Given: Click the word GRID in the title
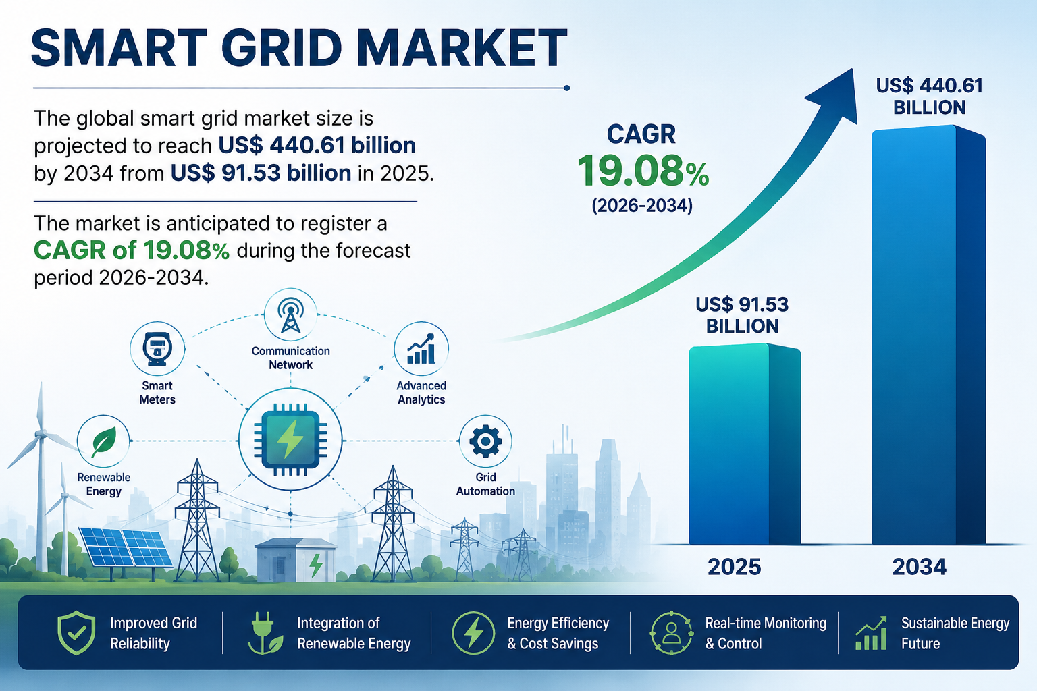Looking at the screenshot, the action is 282,48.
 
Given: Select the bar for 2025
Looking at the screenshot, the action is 745,444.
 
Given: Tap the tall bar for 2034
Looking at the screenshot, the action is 928,335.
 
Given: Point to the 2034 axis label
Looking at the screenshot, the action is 919,567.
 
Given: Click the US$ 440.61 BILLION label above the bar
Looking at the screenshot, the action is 929,96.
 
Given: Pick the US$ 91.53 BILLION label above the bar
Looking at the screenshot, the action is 742,315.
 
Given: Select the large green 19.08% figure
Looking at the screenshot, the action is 643,171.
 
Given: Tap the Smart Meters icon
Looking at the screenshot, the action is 157,348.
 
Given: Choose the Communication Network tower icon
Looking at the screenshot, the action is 290,314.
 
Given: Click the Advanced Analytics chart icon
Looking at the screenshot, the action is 421,348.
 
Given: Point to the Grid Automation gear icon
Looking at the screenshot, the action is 485,441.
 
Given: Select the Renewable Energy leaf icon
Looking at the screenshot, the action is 103,441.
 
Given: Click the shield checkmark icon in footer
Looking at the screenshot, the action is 76,632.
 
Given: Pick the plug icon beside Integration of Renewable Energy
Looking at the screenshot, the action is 265,633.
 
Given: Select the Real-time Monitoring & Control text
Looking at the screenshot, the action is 765,633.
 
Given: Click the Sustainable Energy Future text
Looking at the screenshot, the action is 955,633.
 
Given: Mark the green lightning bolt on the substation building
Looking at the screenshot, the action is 316,565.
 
